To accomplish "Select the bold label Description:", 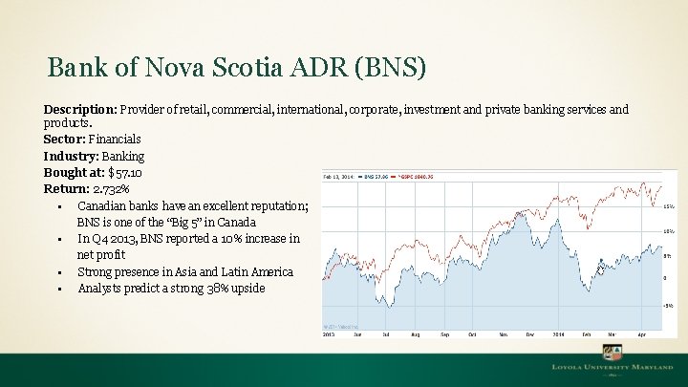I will click(x=78, y=110).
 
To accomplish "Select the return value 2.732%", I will click(x=113, y=189).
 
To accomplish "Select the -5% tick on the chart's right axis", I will click(x=668, y=305).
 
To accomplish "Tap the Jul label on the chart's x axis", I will click(x=385, y=335).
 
